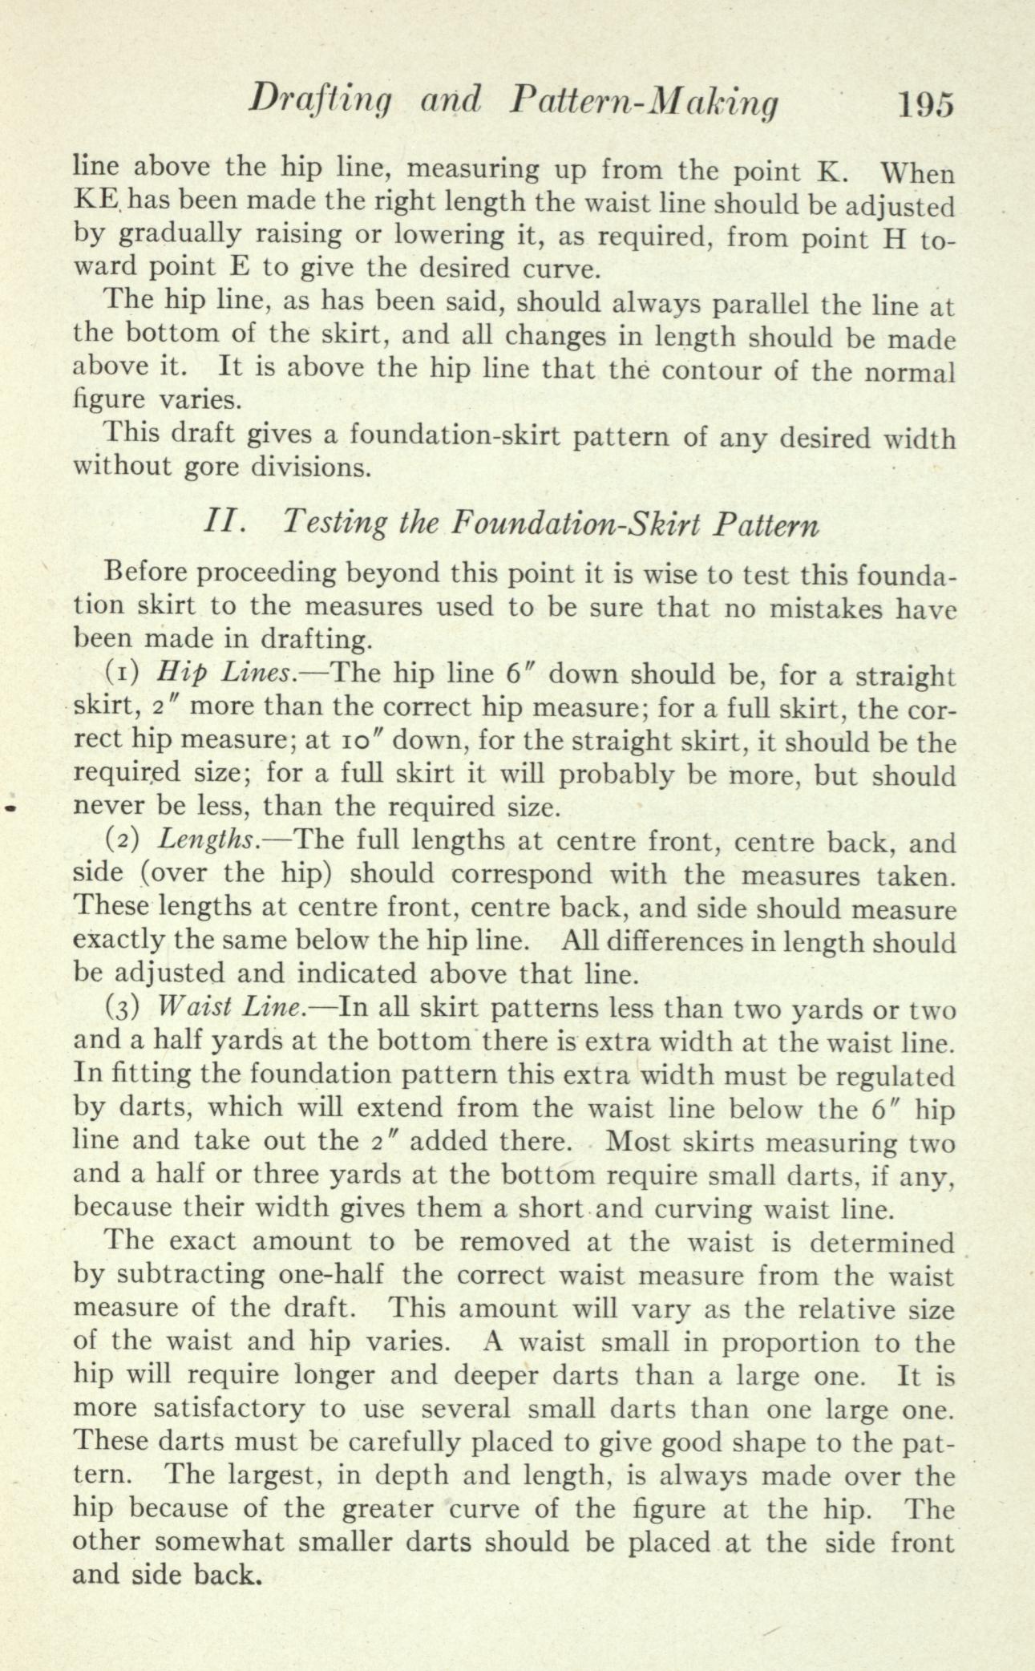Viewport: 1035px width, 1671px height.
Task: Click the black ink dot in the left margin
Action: tap(10, 809)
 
